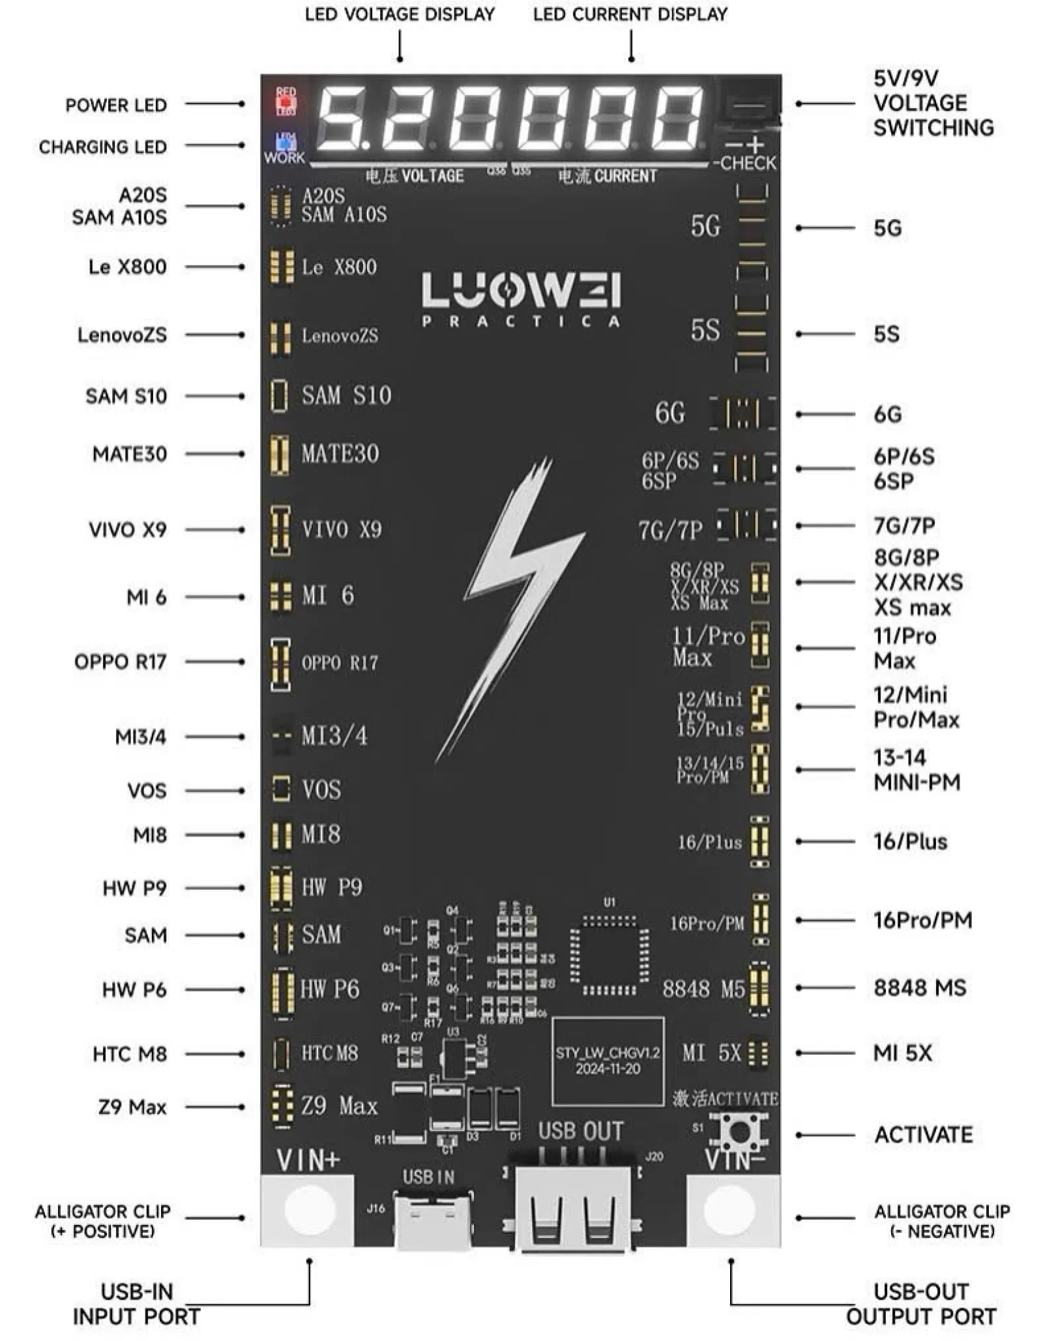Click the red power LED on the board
tap(286, 102)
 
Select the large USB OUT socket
tap(574, 1209)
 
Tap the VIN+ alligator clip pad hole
tap(309, 1210)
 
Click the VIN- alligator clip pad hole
tap(729, 1210)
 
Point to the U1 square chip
tap(610, 956)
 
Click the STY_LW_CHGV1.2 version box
tap(608, 1061)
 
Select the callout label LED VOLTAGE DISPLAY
tap(400, 14)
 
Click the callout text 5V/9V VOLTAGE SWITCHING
tap(933, 103)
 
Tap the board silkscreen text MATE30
tap(340, 454)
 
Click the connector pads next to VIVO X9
tap(280, 529)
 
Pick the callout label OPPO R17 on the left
tap(120, 662)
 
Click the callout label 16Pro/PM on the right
tap(922, 920)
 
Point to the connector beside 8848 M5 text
tap(759, 988)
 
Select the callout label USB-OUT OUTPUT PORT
tap(920, 1304)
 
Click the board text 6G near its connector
tap(669, 413)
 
